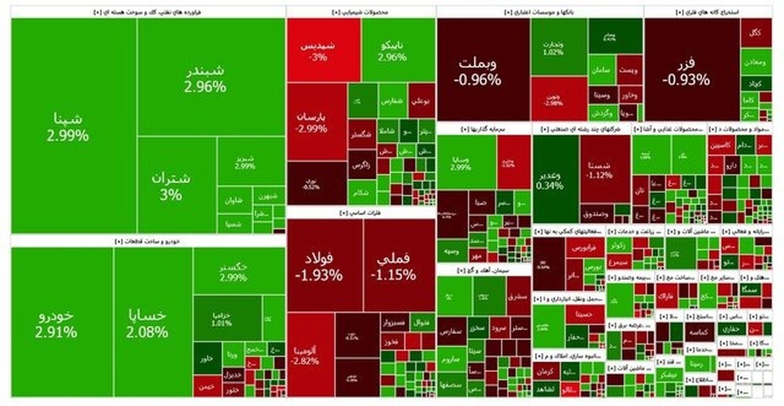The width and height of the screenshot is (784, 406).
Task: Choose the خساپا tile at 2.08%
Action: (153, 323)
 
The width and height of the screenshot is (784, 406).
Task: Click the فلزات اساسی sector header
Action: (361, 213)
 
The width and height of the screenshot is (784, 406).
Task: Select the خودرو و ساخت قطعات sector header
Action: (148, 241)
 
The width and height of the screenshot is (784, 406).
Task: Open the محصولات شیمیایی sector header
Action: (361, 12)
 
